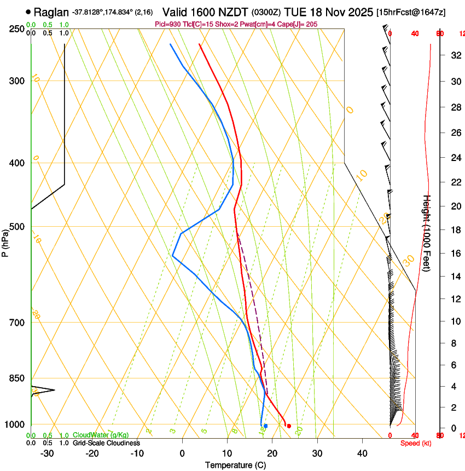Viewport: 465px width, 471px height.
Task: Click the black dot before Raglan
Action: [x=28, y=12]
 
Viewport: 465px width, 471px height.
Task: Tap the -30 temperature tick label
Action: [x=47, y=453]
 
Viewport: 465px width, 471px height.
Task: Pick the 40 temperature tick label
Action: [x=362, y=453]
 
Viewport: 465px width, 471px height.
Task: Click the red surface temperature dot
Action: [x=289, y=426]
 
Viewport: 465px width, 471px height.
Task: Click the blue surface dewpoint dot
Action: [x=265, y=426]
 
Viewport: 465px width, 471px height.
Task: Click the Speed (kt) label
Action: [x=415, y=443]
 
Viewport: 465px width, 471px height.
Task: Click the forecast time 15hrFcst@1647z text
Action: [x=419, y=12]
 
